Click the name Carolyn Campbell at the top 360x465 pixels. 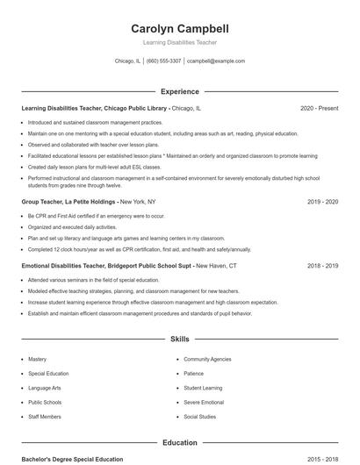pos(180,28)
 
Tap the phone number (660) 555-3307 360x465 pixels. pos(164,61)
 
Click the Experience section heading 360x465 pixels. pos(180,91)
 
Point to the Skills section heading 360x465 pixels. pos(180,338)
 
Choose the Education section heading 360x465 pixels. pos(180,443)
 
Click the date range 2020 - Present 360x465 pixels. pos(319,108)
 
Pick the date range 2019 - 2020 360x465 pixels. pos(322,201)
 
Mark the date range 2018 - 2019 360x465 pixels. pos(322,264)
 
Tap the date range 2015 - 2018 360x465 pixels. pos(322,459)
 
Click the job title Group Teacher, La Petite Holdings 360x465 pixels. pos(68,201)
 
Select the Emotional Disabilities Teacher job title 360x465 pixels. pos(105,264)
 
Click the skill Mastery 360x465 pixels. pos(37,359)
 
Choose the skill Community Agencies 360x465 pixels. pos(207,359)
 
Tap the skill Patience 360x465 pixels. pos(193,373)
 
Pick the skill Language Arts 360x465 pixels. pos(45,387)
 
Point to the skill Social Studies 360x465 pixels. pos(199,416)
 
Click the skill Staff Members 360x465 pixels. pos(45,416)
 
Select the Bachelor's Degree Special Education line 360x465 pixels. pos(72,459)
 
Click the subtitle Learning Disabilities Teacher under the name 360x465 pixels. pos(180,42)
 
